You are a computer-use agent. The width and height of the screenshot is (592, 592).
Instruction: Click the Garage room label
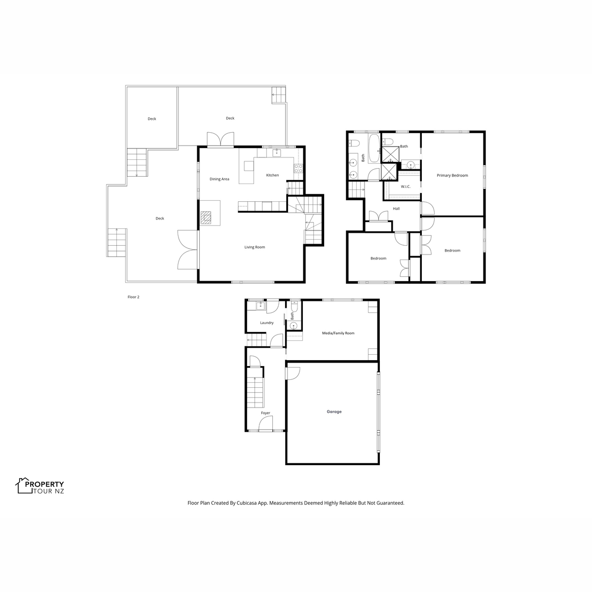pos(334,411)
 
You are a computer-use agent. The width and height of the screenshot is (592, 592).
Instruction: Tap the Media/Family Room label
pos(338,333)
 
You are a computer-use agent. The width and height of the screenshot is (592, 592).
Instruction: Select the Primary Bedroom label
pos(452,176)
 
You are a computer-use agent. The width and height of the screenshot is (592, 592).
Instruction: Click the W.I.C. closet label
pos(406,186)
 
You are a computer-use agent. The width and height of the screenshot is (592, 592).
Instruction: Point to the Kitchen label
pos(272,175)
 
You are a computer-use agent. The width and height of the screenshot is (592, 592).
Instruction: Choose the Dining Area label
pos(220,179)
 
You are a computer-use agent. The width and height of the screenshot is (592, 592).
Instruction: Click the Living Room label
pos(255,247)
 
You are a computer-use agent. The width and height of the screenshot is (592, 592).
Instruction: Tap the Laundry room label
pos(267,323)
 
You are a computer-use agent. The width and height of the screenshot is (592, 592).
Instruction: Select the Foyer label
pos(265,413)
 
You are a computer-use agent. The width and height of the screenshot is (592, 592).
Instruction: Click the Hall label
pos(396,209)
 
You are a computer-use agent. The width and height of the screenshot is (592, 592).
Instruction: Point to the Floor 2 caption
pos(133,297)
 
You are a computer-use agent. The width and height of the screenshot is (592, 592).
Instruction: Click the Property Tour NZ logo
pos(40,486)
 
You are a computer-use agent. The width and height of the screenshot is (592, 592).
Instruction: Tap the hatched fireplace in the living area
pos(206,218)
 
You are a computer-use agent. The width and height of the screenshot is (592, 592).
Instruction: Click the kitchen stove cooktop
pos(298,168)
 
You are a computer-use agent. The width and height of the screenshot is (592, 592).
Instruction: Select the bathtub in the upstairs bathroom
pos(374,148)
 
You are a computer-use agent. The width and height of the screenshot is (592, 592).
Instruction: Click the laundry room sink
pos(261,306)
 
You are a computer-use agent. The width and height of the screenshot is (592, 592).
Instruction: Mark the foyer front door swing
pos(266,425)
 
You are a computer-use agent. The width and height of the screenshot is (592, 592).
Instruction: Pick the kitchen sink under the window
pos(277,152)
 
